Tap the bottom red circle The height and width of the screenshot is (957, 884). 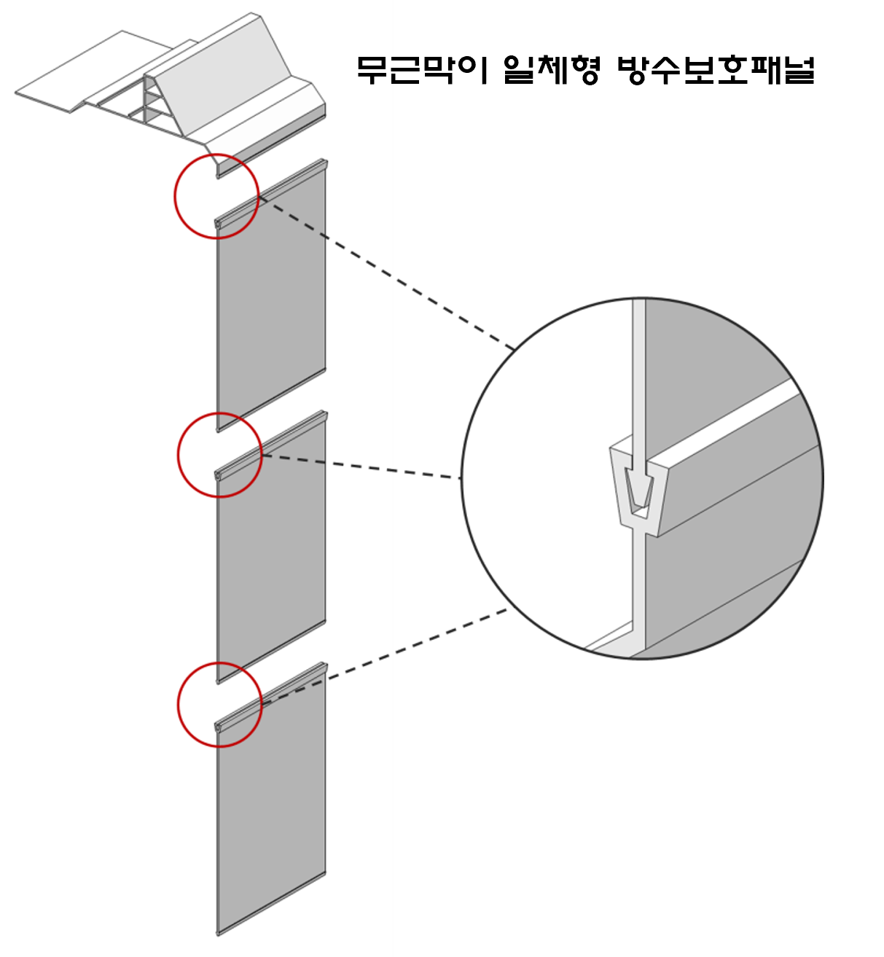[219, 664]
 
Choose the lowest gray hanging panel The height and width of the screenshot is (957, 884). [271, 802]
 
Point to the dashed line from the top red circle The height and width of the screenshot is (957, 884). [386, 273]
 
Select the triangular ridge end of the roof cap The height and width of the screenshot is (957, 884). [153, 102]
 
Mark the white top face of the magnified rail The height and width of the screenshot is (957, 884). [721, 423]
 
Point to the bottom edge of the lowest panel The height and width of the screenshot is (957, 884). [271, 904]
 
